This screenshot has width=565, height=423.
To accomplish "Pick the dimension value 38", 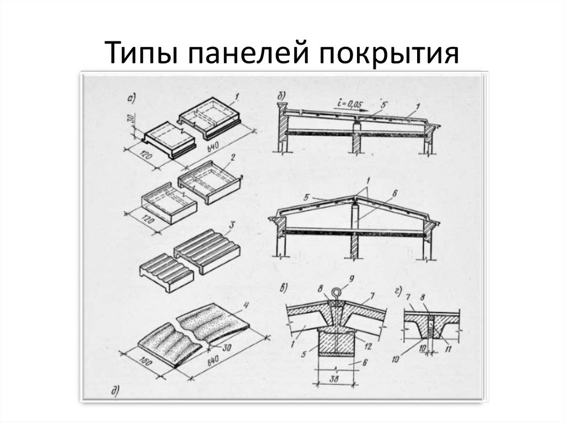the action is point(334,379).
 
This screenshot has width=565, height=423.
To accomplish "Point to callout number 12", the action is point(368,346).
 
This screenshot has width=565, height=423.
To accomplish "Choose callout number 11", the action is point(448,349).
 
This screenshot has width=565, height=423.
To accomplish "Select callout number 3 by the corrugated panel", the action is point(231,225).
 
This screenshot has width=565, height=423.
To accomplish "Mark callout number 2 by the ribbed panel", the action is point(233,157).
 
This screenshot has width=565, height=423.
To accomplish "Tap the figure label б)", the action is point(281,97).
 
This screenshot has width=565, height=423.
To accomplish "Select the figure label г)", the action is point(398,292).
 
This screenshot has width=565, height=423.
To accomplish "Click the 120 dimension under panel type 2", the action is point(147,218).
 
